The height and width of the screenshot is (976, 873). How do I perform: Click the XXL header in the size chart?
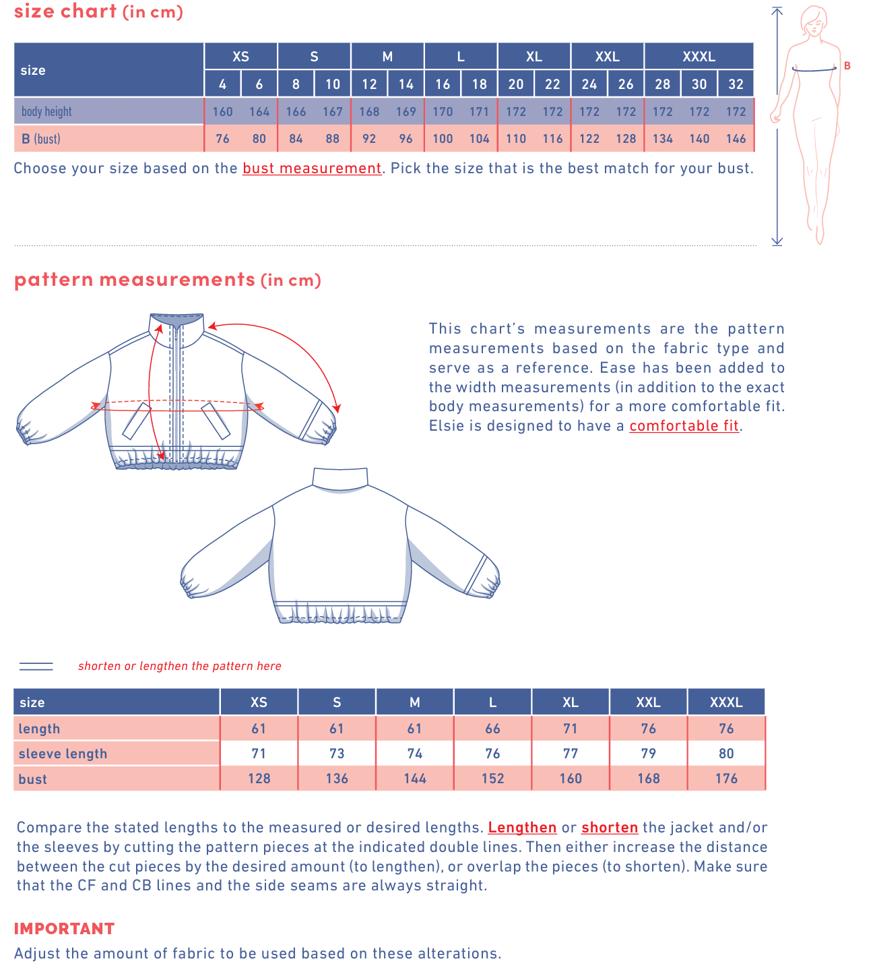pos(607,57)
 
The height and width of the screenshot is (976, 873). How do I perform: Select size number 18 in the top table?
pos(479,84)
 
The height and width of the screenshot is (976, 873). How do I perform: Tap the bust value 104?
pos(479,139)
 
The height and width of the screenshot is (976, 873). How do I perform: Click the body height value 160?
pos(222,112)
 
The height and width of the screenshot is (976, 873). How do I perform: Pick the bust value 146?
pos(736,139)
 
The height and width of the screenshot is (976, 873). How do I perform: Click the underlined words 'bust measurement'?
pos(312,169)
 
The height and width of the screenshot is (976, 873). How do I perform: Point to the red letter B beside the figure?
pos(847,66)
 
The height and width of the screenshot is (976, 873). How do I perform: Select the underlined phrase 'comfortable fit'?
pos(684,426)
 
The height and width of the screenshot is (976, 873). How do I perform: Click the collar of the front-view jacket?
pos(176,321)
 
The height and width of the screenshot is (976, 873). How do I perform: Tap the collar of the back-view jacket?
pos(340,478)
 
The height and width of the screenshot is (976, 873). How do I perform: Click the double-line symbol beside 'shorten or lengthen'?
pos(36,666)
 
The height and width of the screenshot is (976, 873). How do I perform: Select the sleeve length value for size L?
pos(492,754)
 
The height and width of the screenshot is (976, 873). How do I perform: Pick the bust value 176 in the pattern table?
pos(726,779)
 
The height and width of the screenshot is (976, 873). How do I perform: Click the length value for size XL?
pos(571,729)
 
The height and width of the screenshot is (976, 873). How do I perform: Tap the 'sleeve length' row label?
pos(63,754)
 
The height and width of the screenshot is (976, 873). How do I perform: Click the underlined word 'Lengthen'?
pos(522,828)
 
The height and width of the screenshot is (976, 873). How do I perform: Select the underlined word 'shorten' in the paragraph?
pos(610,828)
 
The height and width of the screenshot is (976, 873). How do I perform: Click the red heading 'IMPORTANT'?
pos(65,929)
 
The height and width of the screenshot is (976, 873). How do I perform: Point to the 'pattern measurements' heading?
pos(135,280)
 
